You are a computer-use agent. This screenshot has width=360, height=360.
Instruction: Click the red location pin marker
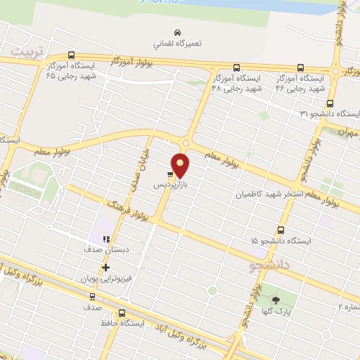[x=181, y=165]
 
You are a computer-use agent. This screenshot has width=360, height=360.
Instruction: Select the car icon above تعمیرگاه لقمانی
[x=179, y=32]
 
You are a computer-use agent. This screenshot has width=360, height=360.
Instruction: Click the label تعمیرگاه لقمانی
[x=179, y=44]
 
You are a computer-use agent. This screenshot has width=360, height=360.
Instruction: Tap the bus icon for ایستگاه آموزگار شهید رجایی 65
[x=71, y=55]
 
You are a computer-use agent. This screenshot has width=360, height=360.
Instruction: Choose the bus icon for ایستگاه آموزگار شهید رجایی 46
[x=301, y=68]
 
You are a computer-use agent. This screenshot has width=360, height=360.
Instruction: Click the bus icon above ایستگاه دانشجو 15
[x=281, y=230]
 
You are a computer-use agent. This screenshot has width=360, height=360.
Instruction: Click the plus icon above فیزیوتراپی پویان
[x=106, y=267]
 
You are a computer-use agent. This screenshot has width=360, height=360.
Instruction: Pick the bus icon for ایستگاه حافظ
[x=122, y=313]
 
